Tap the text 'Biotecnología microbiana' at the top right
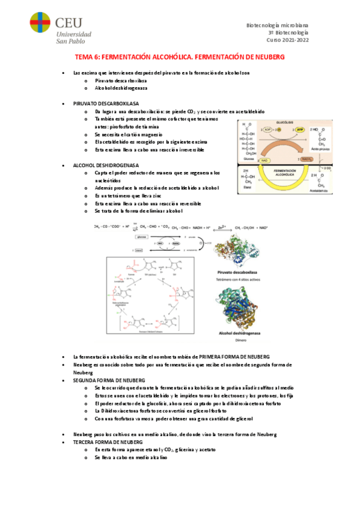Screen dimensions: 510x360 point(277,24)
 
